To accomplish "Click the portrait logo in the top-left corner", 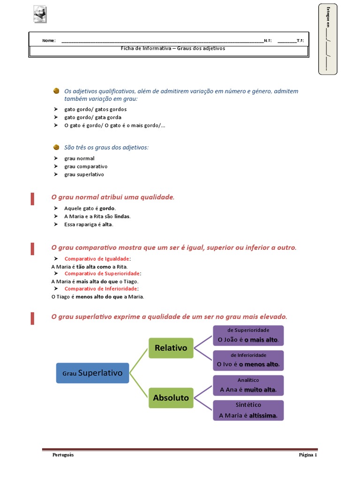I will pyautogui.click(x=40, y=15).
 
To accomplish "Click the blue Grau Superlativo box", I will pyautogui.click(x=92, y=373).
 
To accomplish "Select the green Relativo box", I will pyautogui.click(x=171, y=348).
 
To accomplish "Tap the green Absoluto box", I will pyautogui.click(x=171, y=397).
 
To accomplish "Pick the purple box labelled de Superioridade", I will pyautogui.click(x=248, y=335).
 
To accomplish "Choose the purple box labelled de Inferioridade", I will pyautogui.click(x=248, y=360).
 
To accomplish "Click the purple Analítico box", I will pyautogui.click(x=248, y=385).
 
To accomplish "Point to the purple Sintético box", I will pyautogui.click(x=248, y=410).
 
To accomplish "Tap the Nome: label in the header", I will pyautogui.click(x=49, y=41).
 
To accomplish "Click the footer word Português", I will pyautogui.click(x=63, y=455).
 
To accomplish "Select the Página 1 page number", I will pyautogui.click(x=308, y=455).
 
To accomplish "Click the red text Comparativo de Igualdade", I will pyautogui.click(x=97, y=259).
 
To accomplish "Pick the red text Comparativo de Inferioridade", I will pyautogui.click(x=101, y=289).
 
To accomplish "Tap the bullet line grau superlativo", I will pyautogui.click(x=84, y=174).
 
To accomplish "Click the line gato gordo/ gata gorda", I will pyautogui.click(x=92, y=117).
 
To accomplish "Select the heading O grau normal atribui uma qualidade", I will pyautogui.click(x=112, y=197).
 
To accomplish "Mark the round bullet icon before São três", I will pyautogui.click(x=56, y=147).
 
